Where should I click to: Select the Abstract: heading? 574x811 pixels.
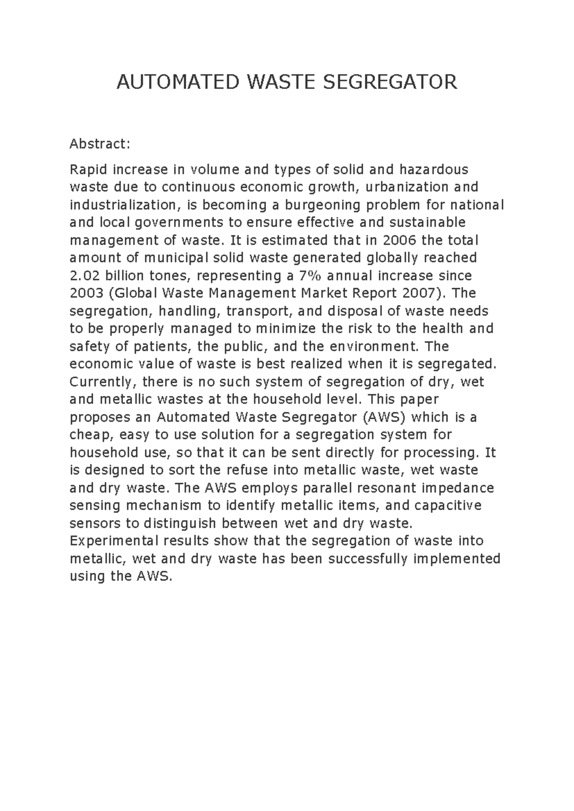pos(99,144)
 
